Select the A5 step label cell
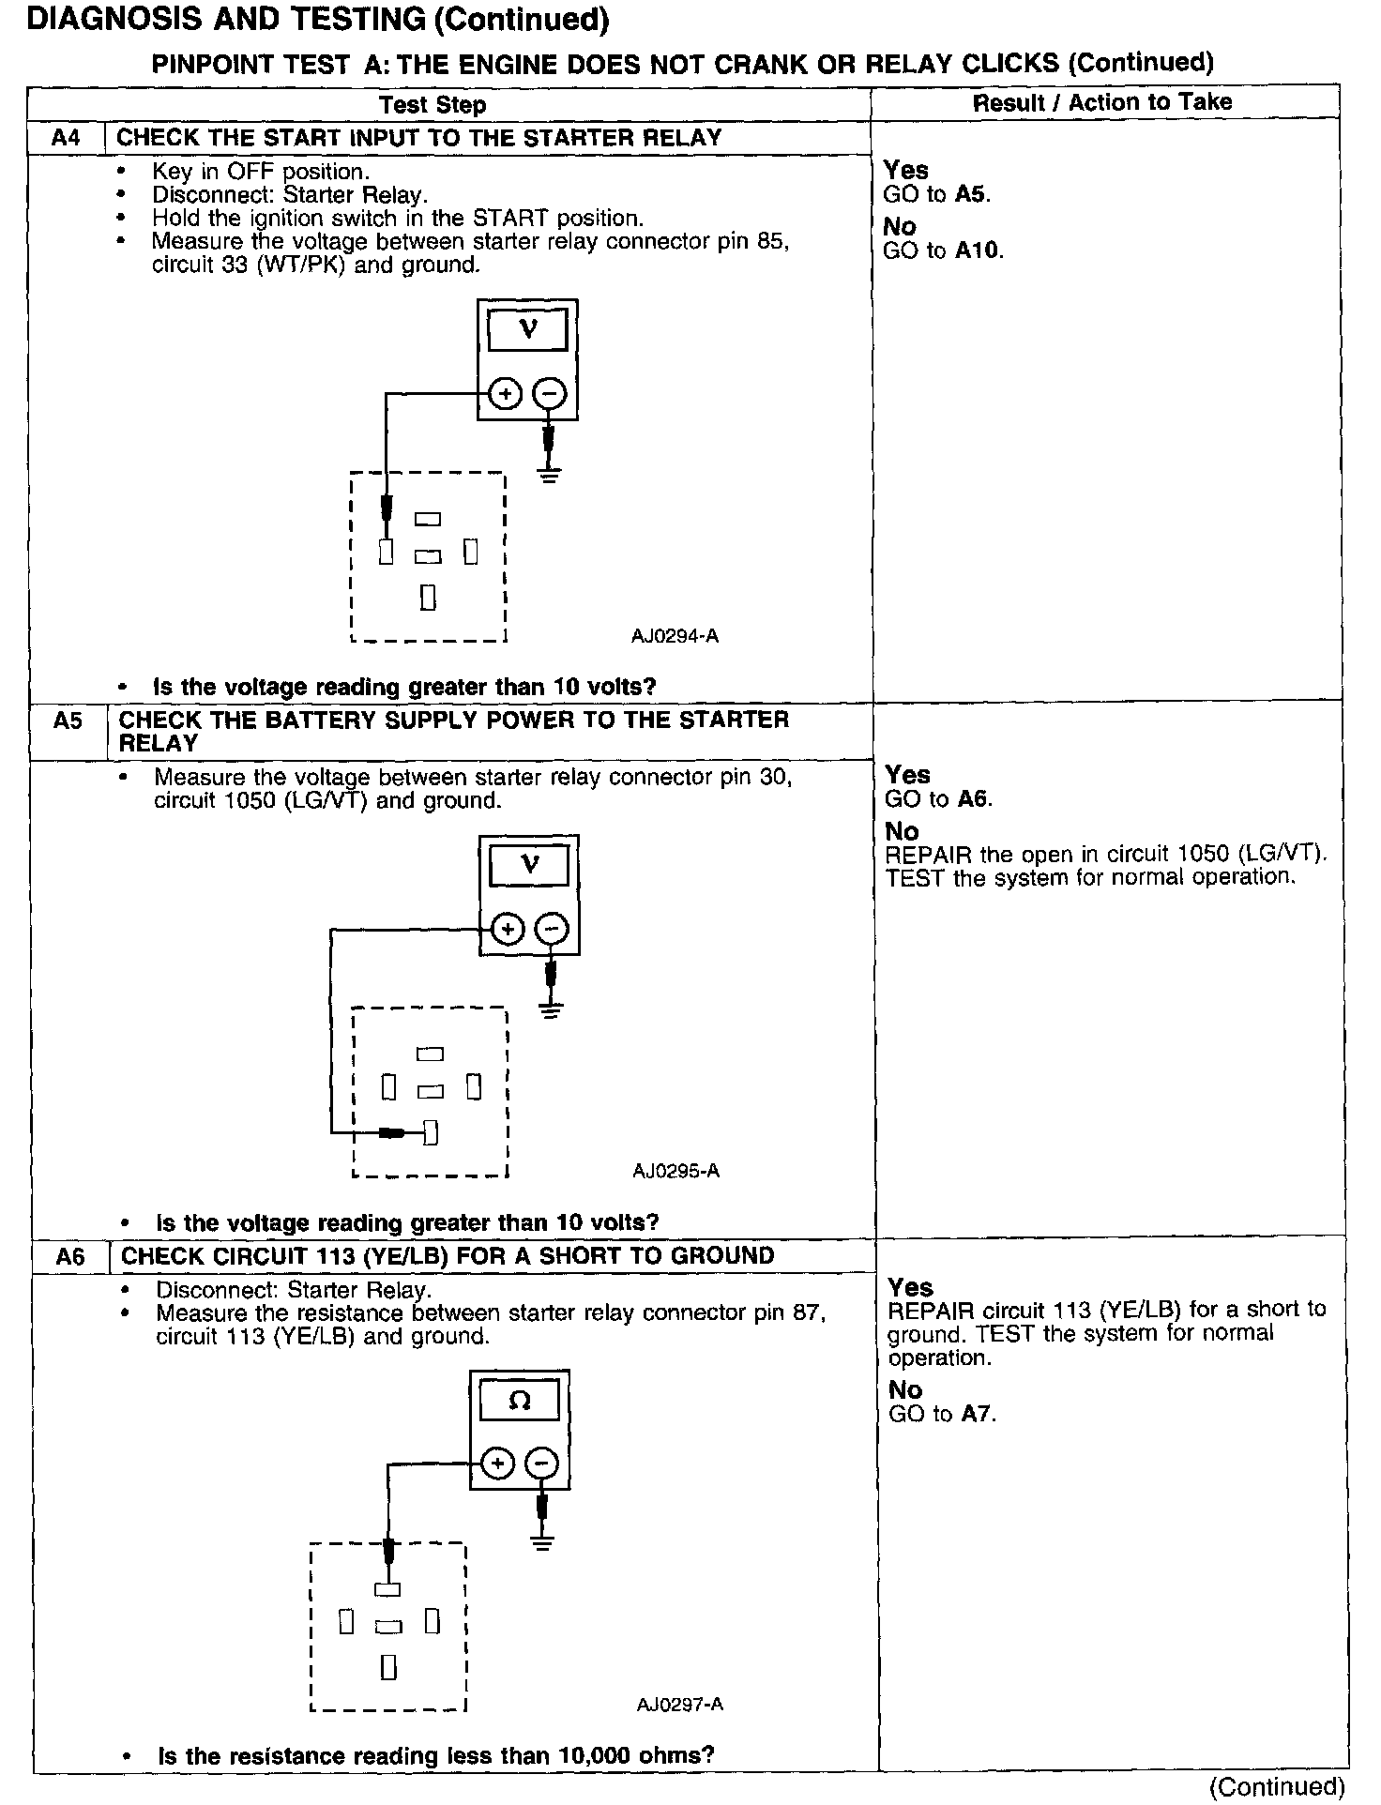click(68, 720)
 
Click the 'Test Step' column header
click(433, 104)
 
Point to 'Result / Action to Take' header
click(1101, 102)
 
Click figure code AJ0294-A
click(675, 636)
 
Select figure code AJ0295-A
click(675, 1171)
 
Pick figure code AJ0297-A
click(679, 1705)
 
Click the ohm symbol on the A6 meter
click(519, 1402)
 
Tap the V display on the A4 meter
click(527, 330)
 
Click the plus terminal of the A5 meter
click(508, 930)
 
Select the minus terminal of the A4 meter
click(549, 394)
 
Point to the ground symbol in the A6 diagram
click(541, 1541)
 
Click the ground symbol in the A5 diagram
click(552, 1009)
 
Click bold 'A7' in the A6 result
click(976, 1414)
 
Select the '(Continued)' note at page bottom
click(1277, 1786)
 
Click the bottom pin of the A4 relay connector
click(428, 598)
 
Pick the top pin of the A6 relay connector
click(387, 1589)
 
